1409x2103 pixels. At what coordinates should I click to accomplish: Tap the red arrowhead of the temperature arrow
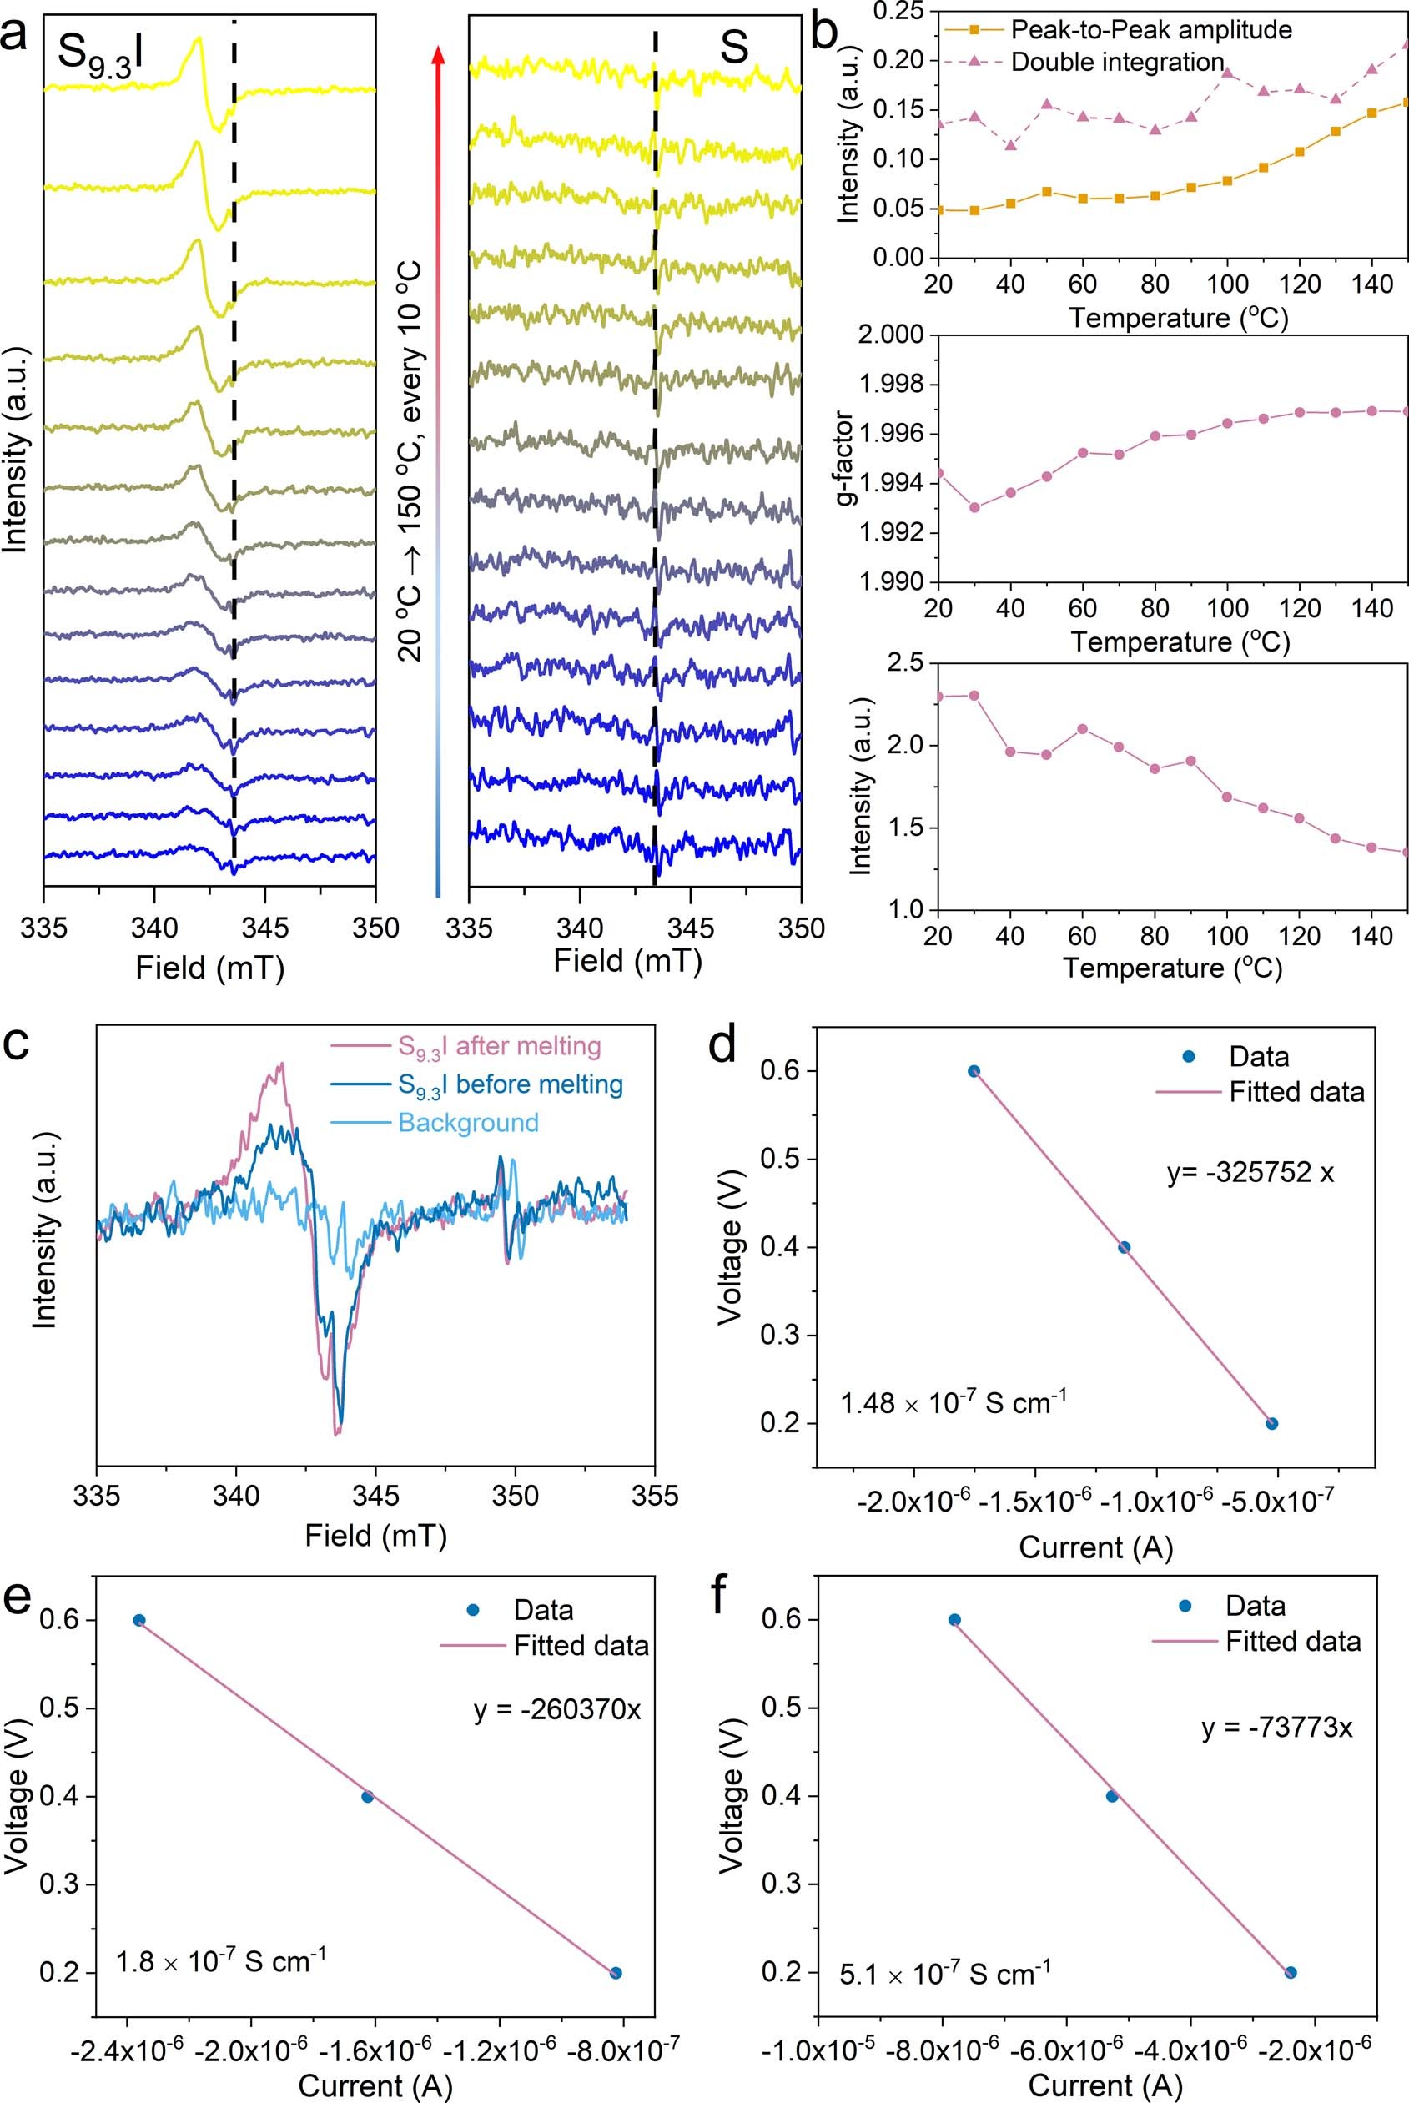click(439, 56)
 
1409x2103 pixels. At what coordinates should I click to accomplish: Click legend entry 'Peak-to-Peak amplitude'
click(1151, 31)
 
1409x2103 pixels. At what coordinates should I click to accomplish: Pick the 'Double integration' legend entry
click(1117, 62)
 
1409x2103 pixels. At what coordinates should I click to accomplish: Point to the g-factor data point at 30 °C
click(974, 507)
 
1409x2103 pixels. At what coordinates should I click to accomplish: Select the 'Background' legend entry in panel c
click(468, 1123)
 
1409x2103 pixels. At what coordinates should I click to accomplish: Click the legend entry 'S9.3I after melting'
click(500, 1047)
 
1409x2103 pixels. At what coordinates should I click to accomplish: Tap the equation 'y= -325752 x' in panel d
click(1250, 1173)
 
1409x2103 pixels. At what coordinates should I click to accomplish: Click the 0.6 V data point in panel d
click(974, 1071)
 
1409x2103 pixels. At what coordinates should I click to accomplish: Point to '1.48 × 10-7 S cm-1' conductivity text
click(954, 1402)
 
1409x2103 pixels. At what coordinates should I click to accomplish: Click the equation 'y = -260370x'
click(557, 1709)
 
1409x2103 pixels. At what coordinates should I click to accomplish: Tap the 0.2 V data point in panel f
click(1291, 1972)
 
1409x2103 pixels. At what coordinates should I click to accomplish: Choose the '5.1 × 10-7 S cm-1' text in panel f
click(944, 1974)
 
